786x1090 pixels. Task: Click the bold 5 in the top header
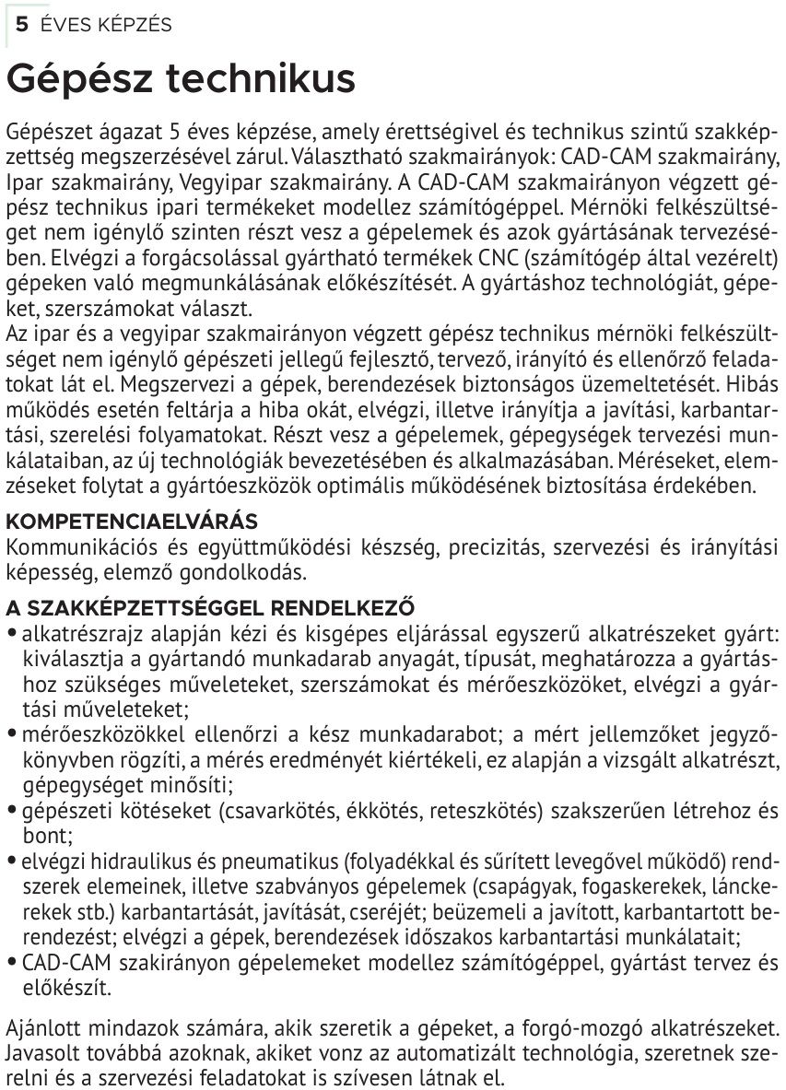coord(20,25)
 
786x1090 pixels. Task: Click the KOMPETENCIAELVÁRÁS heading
coord(132,522)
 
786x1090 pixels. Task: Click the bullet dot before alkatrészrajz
coord(10,634)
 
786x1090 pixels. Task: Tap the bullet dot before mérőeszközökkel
coord(10,735)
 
